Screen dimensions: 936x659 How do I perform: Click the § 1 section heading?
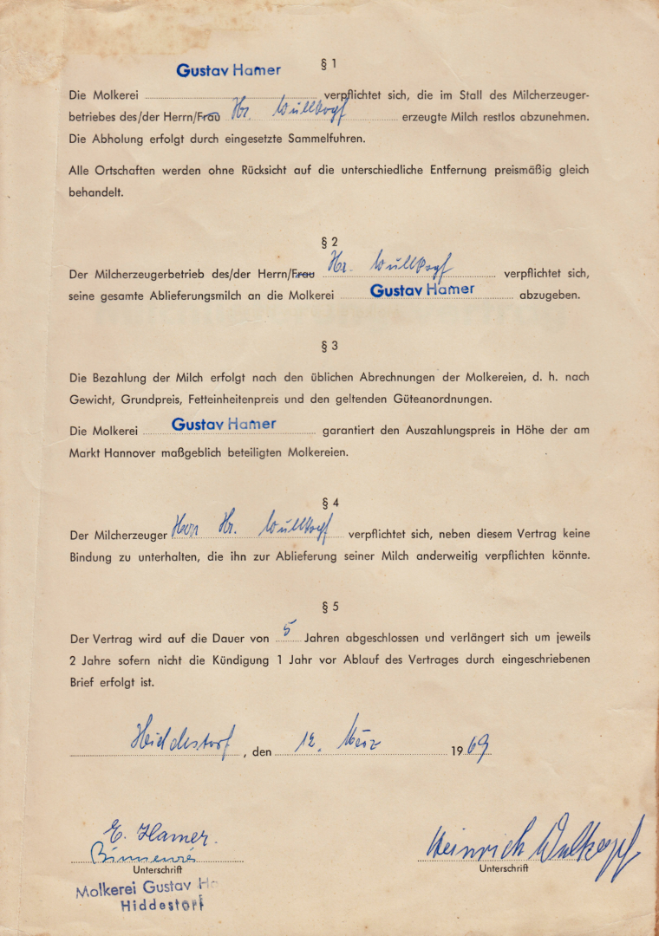(x=329, y=63)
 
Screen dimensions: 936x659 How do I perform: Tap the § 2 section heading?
(x=329, y=243)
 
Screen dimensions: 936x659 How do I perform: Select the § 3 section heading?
(x=329, y=346)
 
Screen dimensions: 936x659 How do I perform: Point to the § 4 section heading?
(x=329, y=502)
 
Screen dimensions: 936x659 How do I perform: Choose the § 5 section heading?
(x=329, y=605)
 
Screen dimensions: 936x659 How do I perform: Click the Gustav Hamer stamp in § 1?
(x=228, y=70)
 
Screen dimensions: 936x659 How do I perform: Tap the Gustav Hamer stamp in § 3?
(x=224, y=425)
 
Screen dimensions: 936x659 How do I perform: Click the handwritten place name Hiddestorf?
(x=183, y=738)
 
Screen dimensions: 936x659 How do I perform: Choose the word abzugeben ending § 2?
(x=549, y=296)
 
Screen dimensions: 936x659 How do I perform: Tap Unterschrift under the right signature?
(x=503, y=868)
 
